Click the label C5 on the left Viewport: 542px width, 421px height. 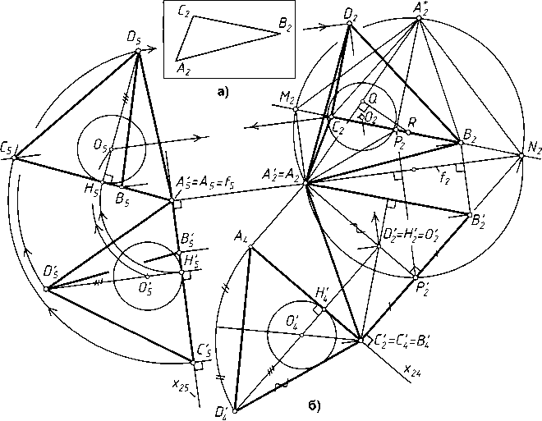point(7,149)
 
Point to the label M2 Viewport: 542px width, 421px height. point(287,100)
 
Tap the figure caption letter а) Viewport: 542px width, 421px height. point(223,91)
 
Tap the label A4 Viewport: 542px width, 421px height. point(241,238)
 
